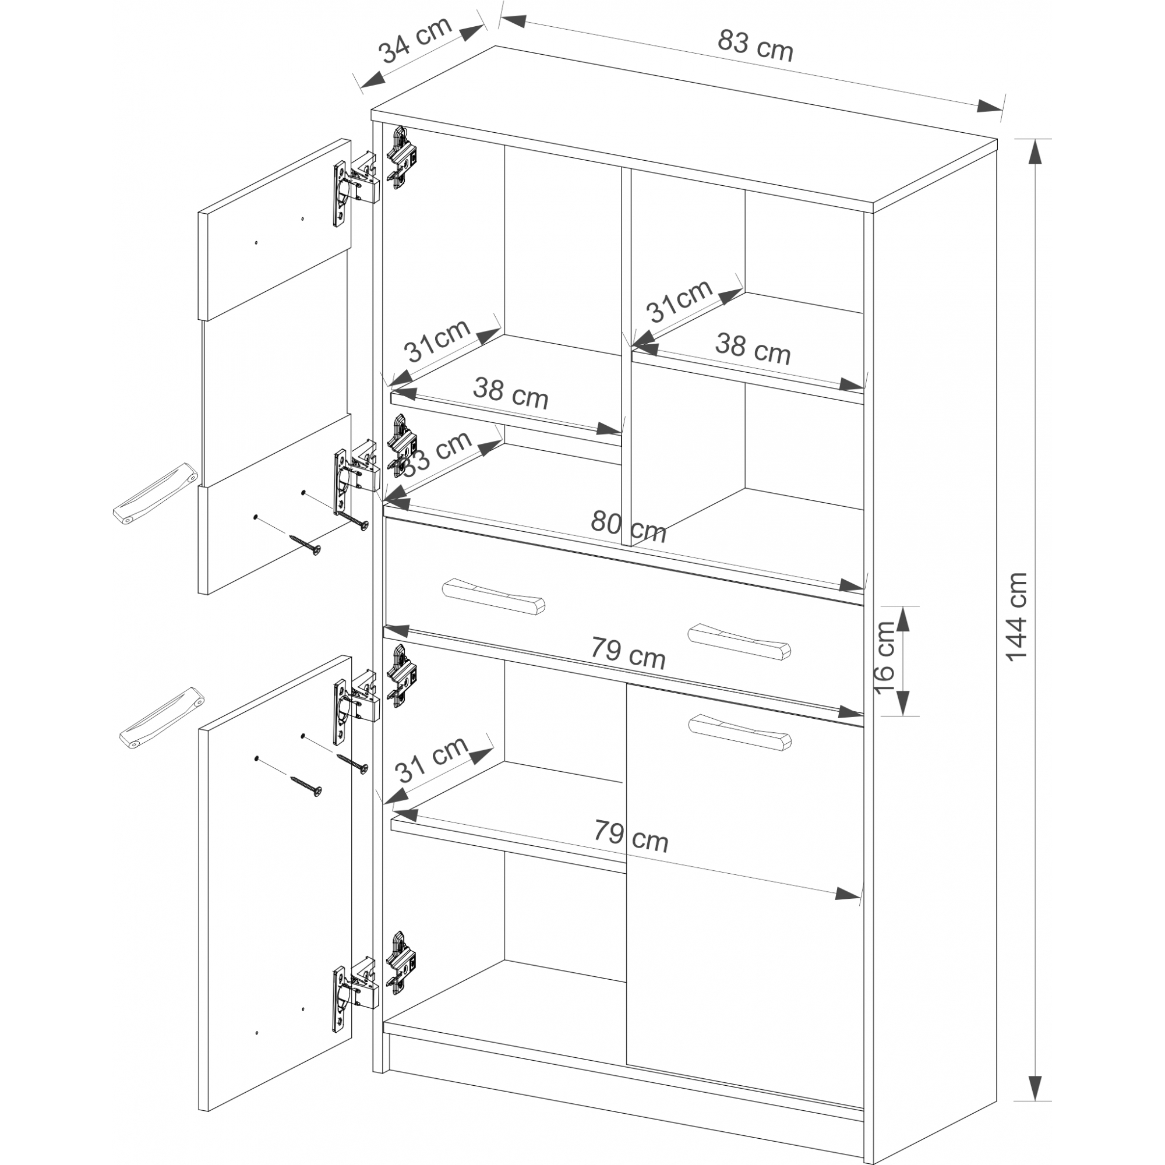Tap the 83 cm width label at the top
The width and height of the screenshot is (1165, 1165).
tap(756, 45)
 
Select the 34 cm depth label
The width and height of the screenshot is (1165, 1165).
tap(415, 40)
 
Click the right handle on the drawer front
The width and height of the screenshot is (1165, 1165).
tap(739, 641)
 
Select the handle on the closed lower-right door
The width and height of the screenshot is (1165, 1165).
tap(739, 732)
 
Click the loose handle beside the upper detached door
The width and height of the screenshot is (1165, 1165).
tap(155, 492)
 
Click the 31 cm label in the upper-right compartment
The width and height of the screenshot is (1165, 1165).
tap(680, 301)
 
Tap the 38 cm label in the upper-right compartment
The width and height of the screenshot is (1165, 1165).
tap(753, 349)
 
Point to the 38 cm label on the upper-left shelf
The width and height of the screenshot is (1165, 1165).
tap(511, 393)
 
